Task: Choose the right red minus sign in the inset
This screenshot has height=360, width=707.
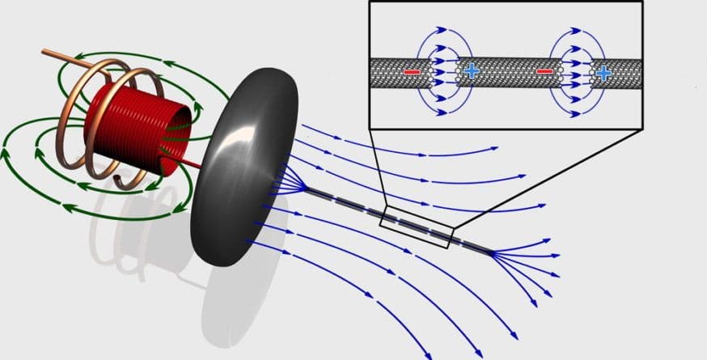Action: click(544, 73)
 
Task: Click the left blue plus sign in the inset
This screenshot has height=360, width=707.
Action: click(471, 72)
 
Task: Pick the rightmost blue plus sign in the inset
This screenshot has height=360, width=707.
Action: click(603, 73)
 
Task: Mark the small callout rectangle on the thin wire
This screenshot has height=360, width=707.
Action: click(416, 227)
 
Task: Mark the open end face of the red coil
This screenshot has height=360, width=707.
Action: click(178, 133)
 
